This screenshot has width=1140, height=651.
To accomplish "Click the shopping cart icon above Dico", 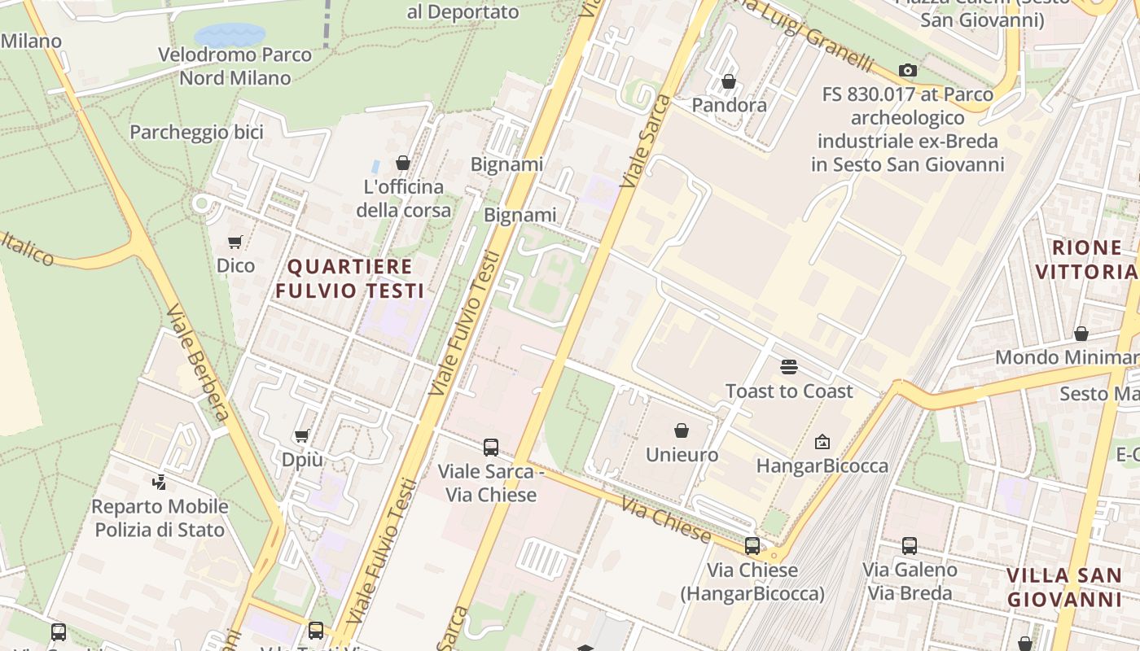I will click(235, 242).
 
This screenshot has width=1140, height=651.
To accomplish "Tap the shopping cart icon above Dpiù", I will click(302, 436).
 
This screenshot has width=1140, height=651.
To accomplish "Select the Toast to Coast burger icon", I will click(788, 367).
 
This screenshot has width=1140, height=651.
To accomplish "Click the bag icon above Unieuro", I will click(682, 430).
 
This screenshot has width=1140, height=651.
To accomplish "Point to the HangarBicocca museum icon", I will click(822, 442).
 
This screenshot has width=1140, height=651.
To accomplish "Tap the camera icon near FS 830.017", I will click(908, 71).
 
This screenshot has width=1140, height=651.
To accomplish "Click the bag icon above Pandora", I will click(729, 81).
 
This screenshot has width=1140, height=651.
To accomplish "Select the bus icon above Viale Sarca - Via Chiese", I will click(491, 447).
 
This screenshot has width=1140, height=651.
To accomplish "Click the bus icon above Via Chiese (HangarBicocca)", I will click(752, 546).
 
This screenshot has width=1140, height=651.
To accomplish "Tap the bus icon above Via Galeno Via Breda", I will click(910, 546).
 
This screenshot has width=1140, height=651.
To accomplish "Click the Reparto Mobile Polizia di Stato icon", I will click(160, 483).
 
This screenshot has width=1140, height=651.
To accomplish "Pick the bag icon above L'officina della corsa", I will click(402, 163).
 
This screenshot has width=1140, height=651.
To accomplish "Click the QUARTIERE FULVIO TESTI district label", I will click(349, 278).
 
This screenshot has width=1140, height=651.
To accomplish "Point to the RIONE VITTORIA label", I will click(1086, 260).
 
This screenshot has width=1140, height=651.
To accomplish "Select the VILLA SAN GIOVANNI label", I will click(1064, 588).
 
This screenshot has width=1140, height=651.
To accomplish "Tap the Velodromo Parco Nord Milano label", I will click(235, 67).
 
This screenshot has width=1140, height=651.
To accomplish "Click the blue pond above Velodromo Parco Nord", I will click(230, 35).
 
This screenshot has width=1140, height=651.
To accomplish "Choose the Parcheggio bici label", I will click(196, 133).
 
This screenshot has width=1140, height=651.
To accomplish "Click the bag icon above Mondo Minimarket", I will click(1081, 334).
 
